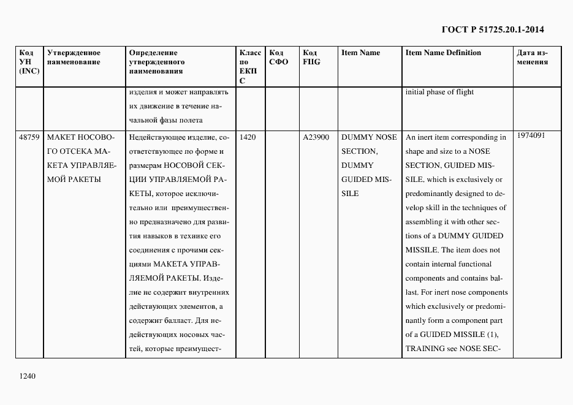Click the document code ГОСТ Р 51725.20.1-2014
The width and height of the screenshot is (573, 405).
[492, 29]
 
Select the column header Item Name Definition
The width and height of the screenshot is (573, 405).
[443, 53]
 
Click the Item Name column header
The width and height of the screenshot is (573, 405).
[360, 53]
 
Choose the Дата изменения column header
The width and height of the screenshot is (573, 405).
[532, 57]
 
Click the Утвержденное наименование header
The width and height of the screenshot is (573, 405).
[74, 57]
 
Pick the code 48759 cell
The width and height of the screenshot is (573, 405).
[29, 137]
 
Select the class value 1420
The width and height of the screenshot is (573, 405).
[248, 137]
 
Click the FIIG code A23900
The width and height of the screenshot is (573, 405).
[316, 137]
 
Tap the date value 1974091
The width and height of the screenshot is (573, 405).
[530, 135]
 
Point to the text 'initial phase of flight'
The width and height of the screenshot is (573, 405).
[439, 93]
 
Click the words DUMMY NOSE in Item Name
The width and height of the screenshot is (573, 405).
[369, 137]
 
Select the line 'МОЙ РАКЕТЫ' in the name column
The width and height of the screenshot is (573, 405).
[74, 180]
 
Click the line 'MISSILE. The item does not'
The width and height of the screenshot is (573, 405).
[453, 250]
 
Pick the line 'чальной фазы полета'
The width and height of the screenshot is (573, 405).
[165, 120]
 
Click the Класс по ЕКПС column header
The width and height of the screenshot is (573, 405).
[249, 66]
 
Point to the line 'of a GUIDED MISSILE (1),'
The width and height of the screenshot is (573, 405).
[452, 335]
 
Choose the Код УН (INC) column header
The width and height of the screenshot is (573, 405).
[29, 62]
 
